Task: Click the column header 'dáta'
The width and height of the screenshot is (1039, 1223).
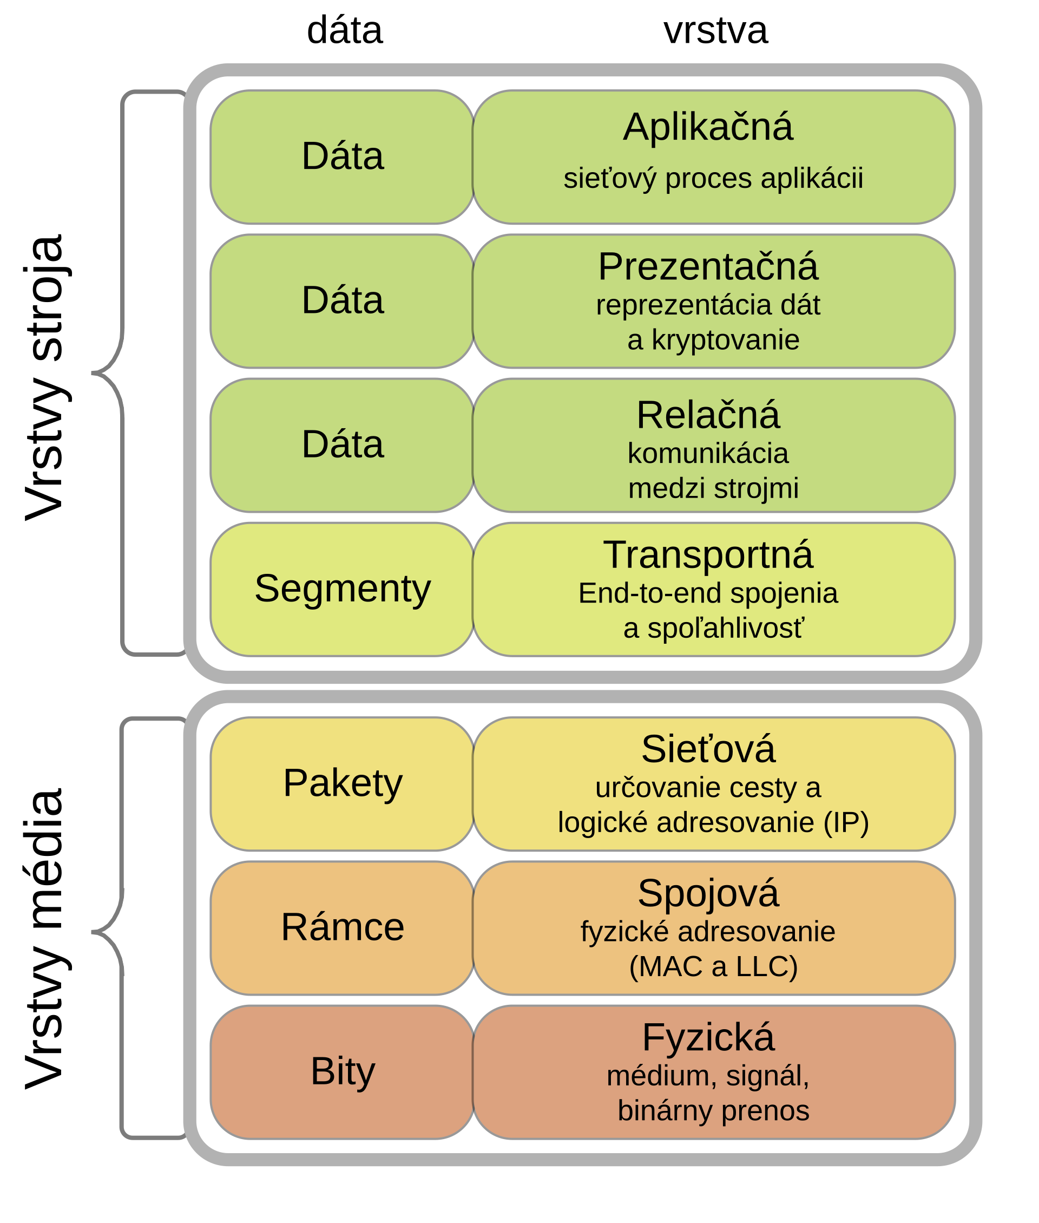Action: (x=345, y=31)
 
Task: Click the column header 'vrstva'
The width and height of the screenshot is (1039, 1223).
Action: (x=715, y=31)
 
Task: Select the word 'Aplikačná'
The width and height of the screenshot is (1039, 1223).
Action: (x=708, y=127)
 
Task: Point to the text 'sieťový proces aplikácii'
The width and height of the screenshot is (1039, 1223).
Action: (x=713, y=179)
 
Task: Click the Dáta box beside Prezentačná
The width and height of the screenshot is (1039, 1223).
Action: (x=342, y=300)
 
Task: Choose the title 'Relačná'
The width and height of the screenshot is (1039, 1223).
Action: (x=708, y=415)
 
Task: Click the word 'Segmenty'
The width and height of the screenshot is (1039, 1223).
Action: (x=342, y=588)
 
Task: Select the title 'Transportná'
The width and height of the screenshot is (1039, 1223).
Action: (x=708, y=555)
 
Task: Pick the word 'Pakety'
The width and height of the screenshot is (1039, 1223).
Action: (x=342, y=783)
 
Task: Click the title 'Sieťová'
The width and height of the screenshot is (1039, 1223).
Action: (x=708, y=749)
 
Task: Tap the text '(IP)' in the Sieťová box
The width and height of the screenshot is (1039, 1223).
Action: (x=846, y=822)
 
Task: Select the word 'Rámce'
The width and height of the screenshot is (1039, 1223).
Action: (x=342, y=927)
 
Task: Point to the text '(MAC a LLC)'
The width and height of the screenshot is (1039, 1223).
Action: (x=713, y=966)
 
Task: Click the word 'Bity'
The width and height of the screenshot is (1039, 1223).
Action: (x=342, y=1071)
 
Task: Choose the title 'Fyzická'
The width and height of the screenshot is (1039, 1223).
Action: (x=708, y=1037)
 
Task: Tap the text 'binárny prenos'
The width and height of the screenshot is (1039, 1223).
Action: (x=713, y=1110)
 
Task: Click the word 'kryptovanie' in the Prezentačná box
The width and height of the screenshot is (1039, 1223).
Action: (x=725, y=341)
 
